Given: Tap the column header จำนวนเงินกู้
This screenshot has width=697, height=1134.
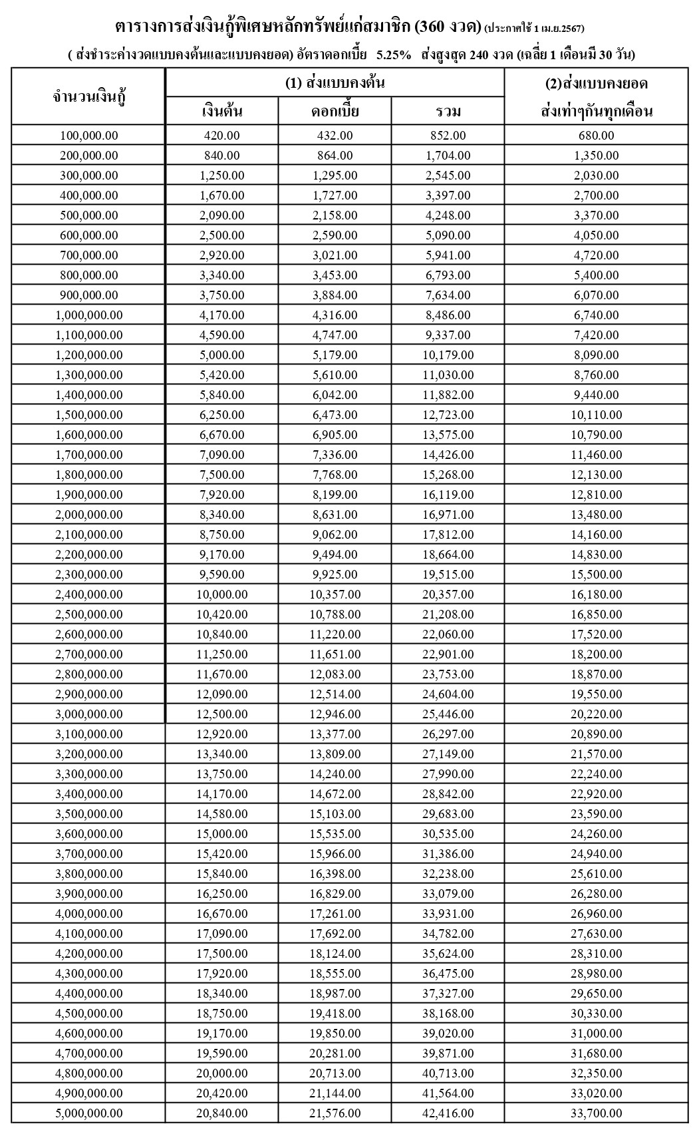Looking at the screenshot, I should point(89,97).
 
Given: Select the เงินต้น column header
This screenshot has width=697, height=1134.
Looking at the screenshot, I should point(222,111).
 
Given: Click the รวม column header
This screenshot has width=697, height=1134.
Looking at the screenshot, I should point(448,111).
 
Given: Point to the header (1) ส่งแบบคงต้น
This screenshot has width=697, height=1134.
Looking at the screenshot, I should point(335,83).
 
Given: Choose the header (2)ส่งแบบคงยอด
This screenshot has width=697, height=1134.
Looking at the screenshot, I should point(597,84).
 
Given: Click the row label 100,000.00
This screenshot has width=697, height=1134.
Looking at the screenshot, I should point(89,136).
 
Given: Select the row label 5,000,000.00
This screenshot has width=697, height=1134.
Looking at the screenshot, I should point(89,1113).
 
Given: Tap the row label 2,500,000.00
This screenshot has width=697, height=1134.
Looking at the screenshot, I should point(89,614).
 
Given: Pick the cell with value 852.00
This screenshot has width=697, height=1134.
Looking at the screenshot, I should point(448,136).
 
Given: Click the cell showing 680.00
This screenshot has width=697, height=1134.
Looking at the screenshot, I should point(597,136).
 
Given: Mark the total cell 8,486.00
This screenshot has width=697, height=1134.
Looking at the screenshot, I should point(448,315).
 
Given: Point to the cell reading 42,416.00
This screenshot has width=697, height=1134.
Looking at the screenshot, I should point(448,1113).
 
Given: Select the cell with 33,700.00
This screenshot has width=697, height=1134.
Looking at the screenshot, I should point(597,1113).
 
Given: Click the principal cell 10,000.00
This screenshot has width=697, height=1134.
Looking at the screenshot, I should point(222,594).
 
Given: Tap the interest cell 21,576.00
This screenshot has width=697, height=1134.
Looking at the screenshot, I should point(335,1113).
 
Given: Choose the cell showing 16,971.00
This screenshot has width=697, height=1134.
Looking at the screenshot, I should point(448,514).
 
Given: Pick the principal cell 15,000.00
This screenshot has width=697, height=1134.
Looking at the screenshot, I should point(222,833).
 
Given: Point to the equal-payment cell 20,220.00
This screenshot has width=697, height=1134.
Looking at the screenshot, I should point(597,714).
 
